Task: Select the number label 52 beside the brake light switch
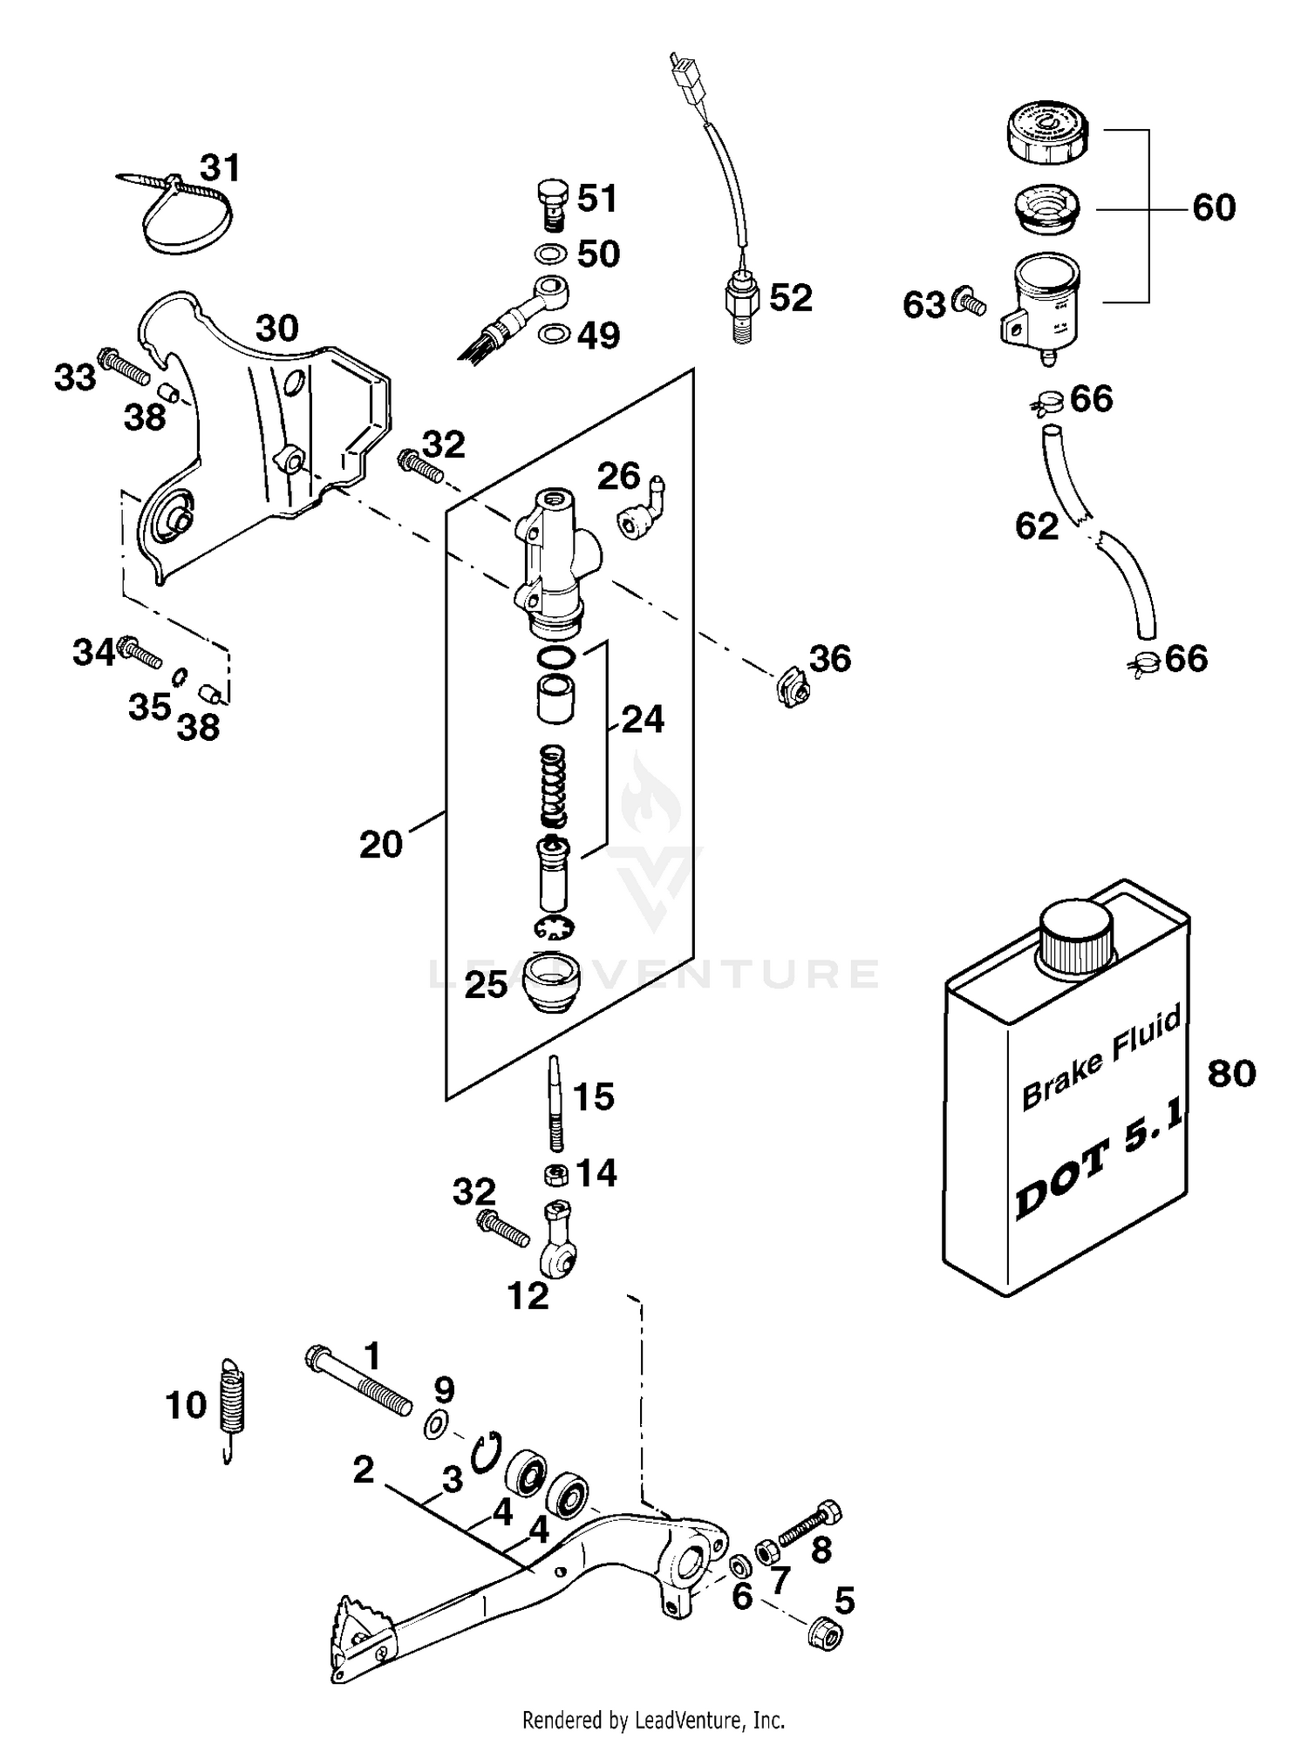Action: coord(791,298)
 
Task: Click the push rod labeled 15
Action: coord(555,1103)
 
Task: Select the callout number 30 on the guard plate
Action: coord(277,329)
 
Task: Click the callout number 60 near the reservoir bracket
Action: coord(1213,207)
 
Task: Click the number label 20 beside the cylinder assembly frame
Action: coord(381,844)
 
